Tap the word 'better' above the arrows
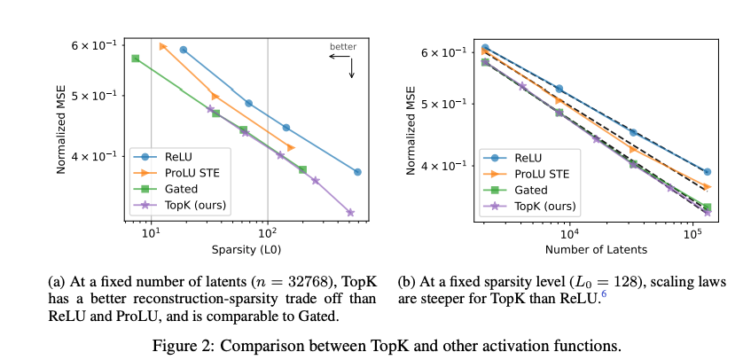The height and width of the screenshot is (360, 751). [342, 45]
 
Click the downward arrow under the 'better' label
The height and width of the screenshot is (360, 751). [352, 68]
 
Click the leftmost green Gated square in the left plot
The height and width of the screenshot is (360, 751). [135, 59]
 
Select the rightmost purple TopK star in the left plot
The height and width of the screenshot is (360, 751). [350, 213]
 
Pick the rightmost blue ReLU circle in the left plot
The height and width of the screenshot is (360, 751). [357, 172]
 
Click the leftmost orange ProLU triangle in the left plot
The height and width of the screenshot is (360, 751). [163, 46]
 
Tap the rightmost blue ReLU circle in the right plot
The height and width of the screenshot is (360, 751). [707, 172]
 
